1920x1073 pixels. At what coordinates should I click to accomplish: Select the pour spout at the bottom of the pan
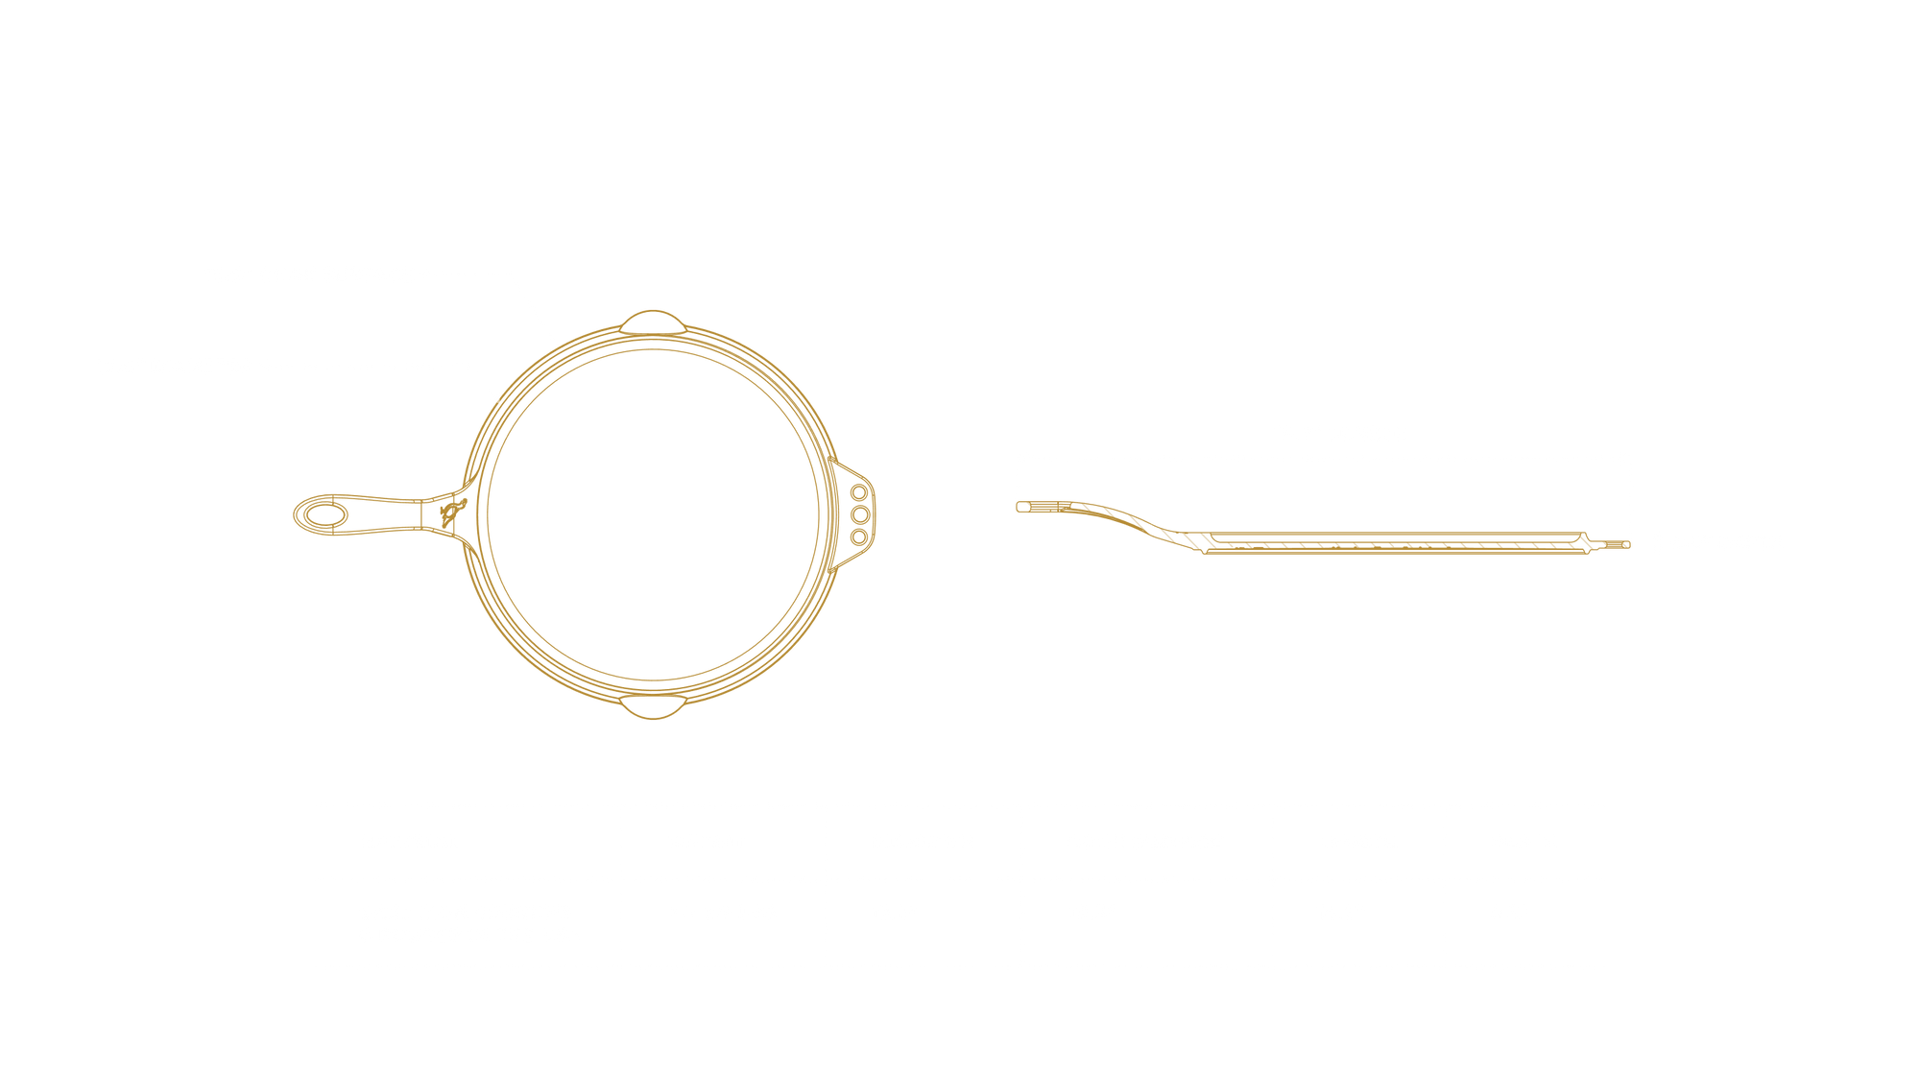[655, 710]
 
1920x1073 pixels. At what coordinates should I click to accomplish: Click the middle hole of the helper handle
[859, 515]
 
